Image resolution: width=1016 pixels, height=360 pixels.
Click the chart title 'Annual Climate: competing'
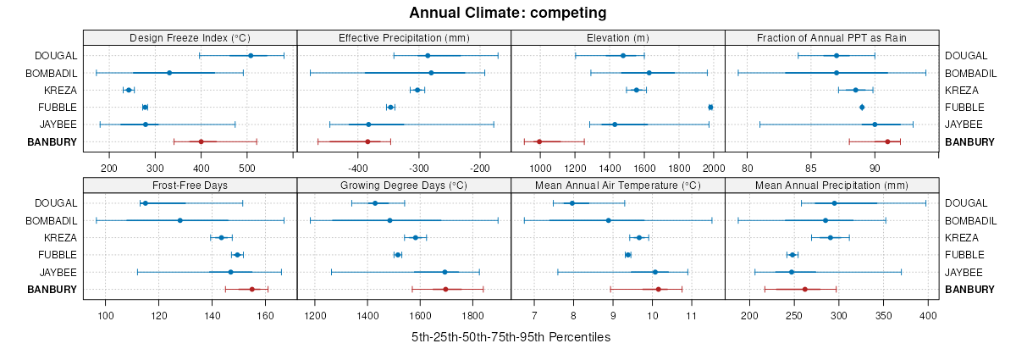[508, 13]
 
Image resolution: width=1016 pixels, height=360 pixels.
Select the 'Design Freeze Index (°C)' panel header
[190, 38]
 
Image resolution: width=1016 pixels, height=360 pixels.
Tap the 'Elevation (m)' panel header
[618, 38]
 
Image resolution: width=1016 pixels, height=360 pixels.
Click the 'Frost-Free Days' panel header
[190, 186]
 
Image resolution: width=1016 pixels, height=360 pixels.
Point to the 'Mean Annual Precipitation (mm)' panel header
[831, 186]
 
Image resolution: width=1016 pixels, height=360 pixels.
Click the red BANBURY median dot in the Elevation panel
[539, 141]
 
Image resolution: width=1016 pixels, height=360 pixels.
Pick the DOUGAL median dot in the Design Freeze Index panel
[251, 56]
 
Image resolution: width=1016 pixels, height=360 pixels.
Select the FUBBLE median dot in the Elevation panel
[710, 107]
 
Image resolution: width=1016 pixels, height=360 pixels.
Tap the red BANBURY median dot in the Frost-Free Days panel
[252, 289]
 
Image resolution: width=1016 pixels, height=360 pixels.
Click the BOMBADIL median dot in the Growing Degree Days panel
[389, 220]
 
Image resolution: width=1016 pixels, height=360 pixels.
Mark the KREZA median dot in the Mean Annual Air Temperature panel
[639, 237]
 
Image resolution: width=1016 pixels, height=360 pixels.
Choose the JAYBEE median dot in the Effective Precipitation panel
[368, 125]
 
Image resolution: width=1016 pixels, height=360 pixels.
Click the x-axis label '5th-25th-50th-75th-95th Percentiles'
[511, 337]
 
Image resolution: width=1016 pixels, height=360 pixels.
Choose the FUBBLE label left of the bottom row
[58, 254]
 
